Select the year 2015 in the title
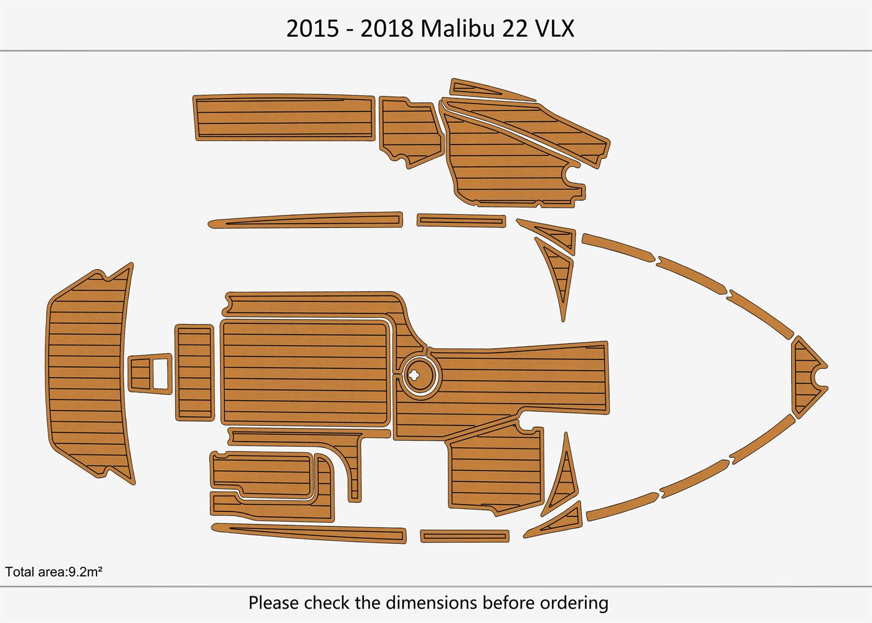tap(313, 29)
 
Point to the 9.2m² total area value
tap(85, 572)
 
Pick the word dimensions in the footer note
tap(431, 602)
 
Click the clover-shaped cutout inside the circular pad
tap(414, 375)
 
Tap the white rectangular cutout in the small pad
tap(161, 374)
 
